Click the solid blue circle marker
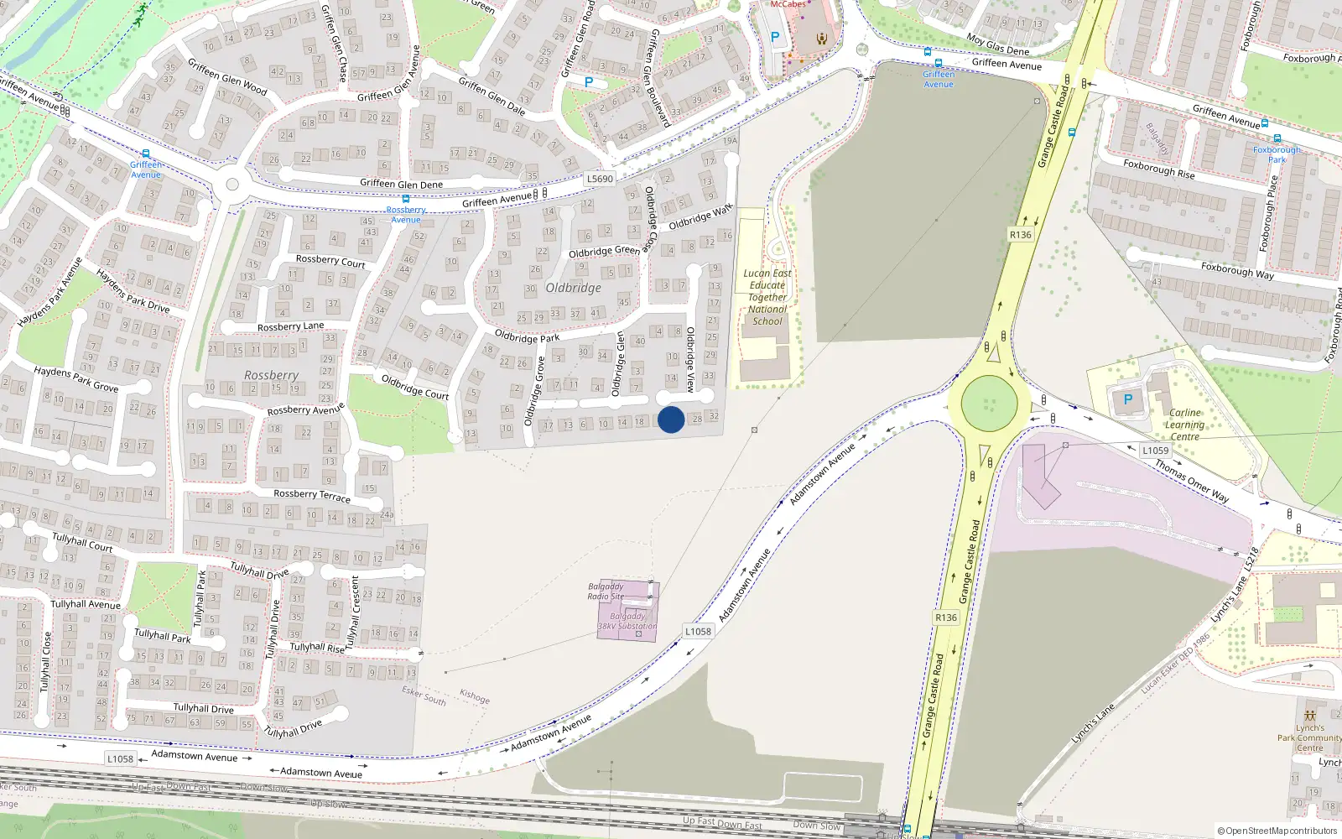point(671,419)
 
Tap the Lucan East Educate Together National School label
point(767,297)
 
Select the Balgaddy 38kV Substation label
point(627,622)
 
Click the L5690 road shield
point(600,179)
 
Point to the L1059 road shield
point(1155,451)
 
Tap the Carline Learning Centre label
point(1184,425)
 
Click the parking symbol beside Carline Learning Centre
point(1128,400)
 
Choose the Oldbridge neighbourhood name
point(574,288)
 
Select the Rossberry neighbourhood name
point(271,375)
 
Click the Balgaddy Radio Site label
point(606,591)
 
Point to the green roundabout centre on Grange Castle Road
point(990,404)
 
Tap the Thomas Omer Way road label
point(1192,480)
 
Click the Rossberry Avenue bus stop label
point(406,215)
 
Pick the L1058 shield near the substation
point(698,632)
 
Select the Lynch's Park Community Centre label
point(1309,738)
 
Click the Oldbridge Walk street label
point(700,217)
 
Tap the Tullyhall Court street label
point(82,542)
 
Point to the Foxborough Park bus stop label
point(1277,154)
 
